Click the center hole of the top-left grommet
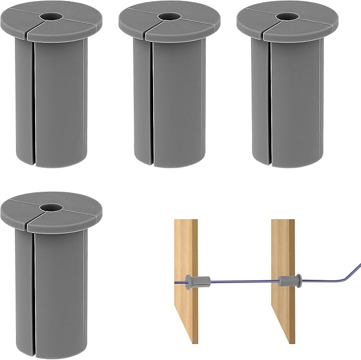(x=52, y=16)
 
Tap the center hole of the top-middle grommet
(x=169, y=16)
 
